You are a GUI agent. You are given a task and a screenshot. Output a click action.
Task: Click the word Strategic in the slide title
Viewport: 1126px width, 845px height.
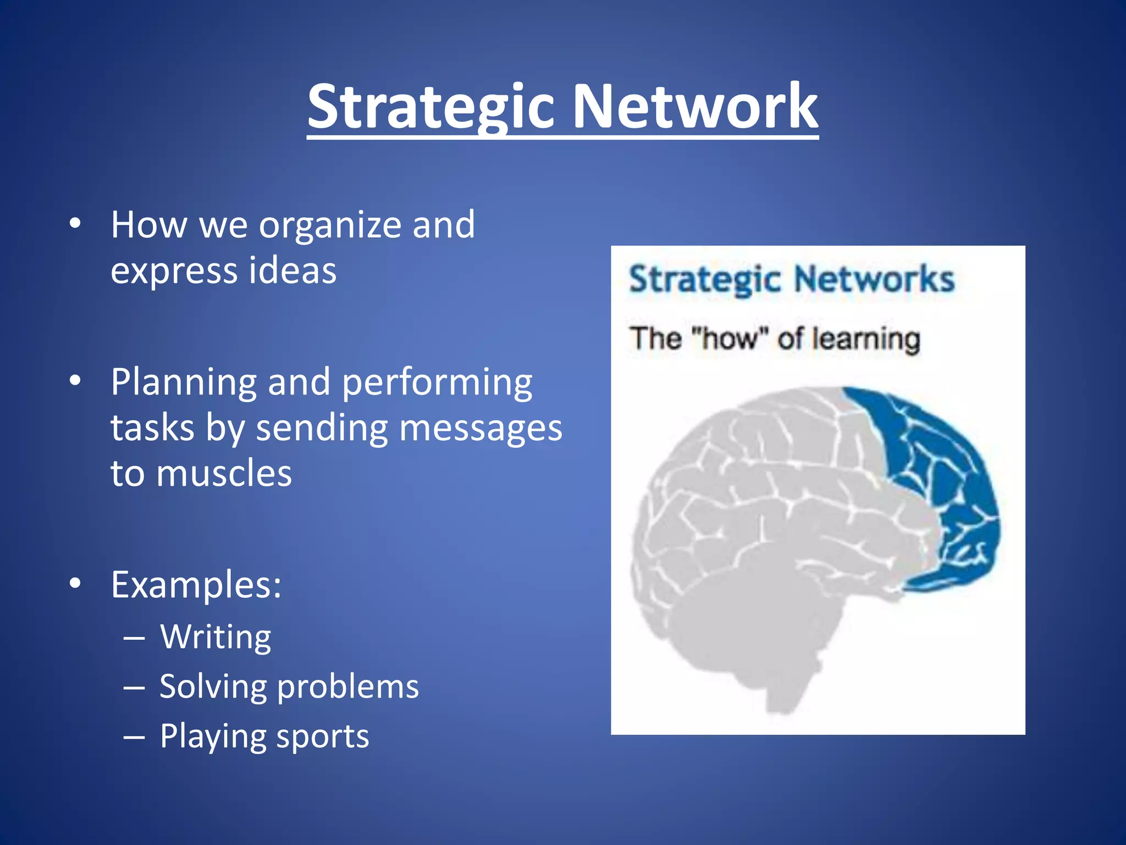coord(430,107)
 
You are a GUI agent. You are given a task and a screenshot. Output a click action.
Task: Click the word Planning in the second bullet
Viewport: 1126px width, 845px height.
coord(184,383)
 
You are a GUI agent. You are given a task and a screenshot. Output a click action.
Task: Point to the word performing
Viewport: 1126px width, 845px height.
coord(437,383)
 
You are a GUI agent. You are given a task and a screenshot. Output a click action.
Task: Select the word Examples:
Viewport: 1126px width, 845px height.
coord(196,584)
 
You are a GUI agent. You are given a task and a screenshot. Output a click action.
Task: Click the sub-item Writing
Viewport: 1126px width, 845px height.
coord(216,637)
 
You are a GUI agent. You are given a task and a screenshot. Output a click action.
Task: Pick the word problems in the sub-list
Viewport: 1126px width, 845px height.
coord(347,687)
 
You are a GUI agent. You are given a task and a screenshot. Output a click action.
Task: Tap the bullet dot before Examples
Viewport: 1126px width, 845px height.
coord(75,583)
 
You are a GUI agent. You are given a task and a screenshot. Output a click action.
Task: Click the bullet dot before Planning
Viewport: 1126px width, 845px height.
coord(75,380)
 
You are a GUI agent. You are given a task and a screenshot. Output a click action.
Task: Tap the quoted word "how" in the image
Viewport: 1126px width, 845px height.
coord(728,338)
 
